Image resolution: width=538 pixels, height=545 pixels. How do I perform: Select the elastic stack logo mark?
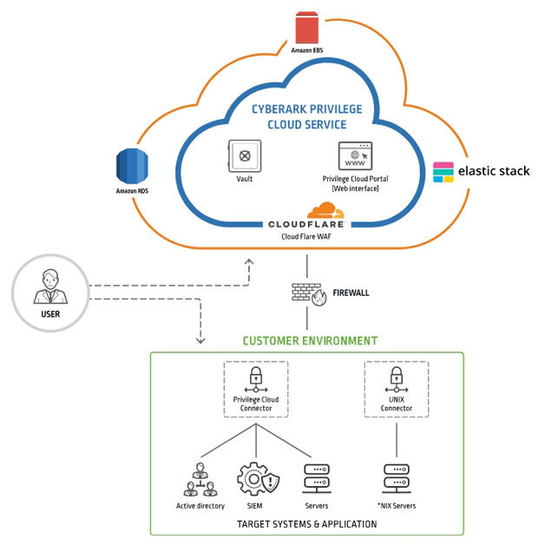[443, 172]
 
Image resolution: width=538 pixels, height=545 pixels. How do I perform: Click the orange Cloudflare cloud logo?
[325, 210]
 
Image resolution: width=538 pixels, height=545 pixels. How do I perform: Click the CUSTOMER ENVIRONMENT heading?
[309, 341]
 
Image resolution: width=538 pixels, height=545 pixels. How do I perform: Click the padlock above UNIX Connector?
[397, 377]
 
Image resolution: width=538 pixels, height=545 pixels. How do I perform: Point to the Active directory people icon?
[200, 480]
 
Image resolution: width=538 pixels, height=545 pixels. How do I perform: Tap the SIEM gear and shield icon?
[255, 479]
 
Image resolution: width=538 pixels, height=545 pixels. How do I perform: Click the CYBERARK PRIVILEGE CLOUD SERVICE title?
[307, 116]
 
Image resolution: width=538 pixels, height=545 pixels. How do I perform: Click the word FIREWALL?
[351, 293]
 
